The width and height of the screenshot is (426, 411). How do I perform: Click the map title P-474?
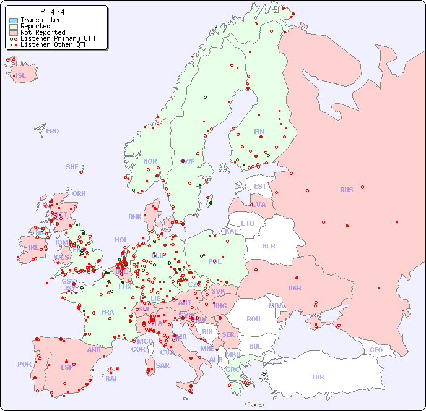52,12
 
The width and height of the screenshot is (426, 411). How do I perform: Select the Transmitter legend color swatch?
14,20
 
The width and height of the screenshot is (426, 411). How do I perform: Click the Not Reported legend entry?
42,32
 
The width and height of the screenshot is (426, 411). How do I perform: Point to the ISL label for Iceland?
21,76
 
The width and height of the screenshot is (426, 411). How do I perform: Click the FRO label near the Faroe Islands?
53,131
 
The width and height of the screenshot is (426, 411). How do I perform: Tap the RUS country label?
346,190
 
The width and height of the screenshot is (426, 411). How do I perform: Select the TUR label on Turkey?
318,377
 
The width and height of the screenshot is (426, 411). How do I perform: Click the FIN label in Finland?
259,132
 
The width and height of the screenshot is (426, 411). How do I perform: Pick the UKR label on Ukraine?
295,288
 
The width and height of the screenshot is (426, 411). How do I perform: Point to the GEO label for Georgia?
376,350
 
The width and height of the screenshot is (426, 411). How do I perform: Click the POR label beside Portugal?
24,364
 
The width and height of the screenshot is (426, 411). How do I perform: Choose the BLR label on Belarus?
268,245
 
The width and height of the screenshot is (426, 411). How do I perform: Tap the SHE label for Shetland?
72,167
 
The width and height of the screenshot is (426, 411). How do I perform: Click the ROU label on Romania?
253,319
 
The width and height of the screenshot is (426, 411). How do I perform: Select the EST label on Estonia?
260,186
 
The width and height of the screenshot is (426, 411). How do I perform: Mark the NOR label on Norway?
150,161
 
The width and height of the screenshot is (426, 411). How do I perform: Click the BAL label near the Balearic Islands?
112,379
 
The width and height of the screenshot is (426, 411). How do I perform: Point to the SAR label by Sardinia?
162,365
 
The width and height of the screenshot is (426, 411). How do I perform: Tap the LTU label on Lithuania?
248,223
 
